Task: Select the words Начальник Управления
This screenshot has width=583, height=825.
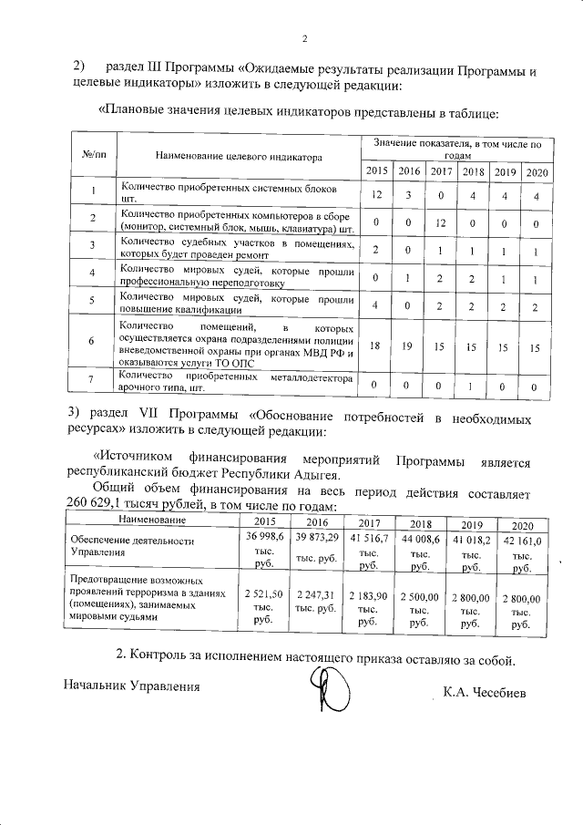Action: tap(131, 685)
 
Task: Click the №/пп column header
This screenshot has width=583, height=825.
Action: tap(94, 156)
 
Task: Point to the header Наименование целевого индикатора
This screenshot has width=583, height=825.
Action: tap(239, 157)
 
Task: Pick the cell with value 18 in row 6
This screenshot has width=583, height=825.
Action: tap(375, 346)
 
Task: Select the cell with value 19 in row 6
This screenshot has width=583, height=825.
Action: tap(408, 347)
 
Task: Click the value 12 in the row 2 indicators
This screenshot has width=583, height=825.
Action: tap(440, 222)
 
